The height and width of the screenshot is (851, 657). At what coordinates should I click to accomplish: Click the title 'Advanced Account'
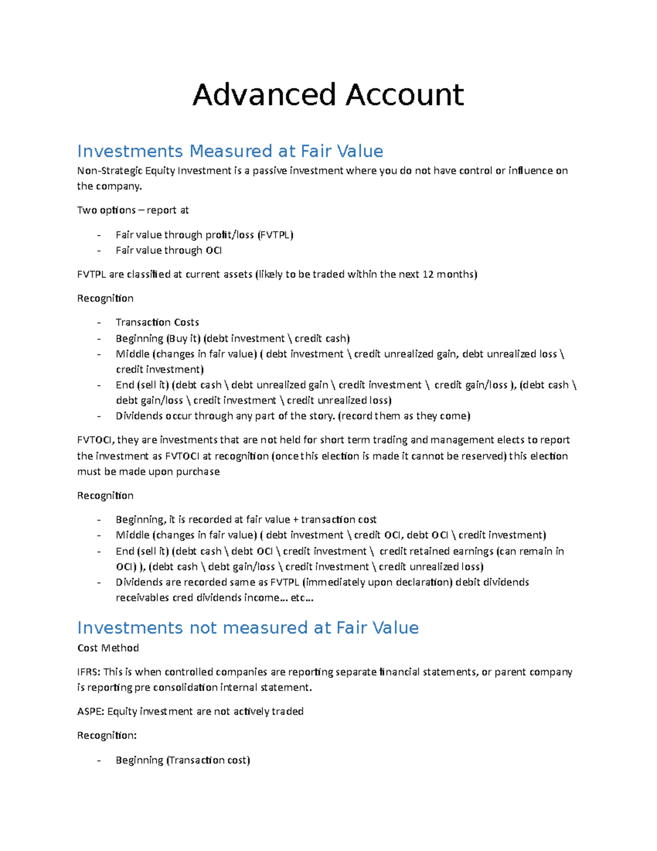point(328,95)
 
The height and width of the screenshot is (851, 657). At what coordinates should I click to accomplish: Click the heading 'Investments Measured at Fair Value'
point(230,151)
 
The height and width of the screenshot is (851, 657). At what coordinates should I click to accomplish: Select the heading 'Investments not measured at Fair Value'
point(247,627)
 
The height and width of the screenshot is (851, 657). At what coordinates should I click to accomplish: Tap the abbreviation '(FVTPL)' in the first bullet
point(275,235)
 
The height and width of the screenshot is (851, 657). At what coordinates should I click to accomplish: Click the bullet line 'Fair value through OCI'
point(169,250)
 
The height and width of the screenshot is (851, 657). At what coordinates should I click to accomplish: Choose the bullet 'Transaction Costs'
point(157,322)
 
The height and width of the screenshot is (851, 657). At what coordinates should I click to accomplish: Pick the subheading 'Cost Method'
point(108,648)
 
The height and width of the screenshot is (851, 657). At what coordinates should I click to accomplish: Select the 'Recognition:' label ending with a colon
point(107,735)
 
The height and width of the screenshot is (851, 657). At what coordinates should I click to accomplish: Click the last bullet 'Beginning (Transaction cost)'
point(183,760)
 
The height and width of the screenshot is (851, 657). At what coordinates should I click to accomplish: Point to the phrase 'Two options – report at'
point(133,210)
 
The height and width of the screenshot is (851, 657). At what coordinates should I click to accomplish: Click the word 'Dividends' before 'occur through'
point(139,416)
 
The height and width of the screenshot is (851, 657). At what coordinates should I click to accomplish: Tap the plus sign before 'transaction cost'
point(296,519)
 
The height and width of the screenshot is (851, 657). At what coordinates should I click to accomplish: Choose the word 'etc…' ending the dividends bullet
point(302,598)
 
